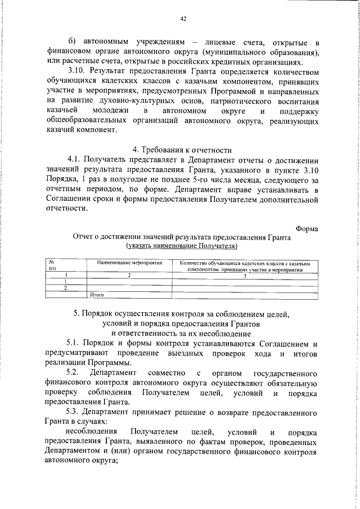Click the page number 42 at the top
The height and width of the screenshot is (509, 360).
[183, 19]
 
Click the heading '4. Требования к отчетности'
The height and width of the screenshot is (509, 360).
[183, 150]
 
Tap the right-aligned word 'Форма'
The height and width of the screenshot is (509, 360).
[306, 228]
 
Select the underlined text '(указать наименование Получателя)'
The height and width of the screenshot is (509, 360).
[183, 246]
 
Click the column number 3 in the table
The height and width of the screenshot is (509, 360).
[245, 275]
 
